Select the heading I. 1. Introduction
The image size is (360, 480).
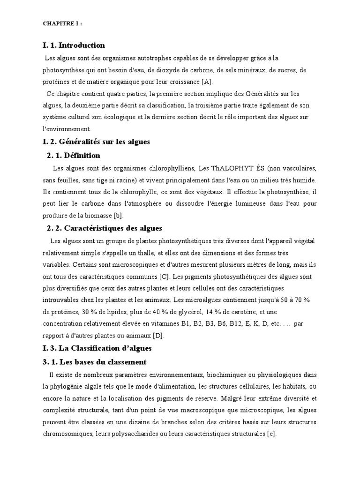point(74,45)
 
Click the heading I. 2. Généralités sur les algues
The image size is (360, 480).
point(96,141)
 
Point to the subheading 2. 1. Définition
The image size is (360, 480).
point(74,155)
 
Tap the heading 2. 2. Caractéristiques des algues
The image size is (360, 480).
point(105,228)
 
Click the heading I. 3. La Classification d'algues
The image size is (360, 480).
point(97,349)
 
